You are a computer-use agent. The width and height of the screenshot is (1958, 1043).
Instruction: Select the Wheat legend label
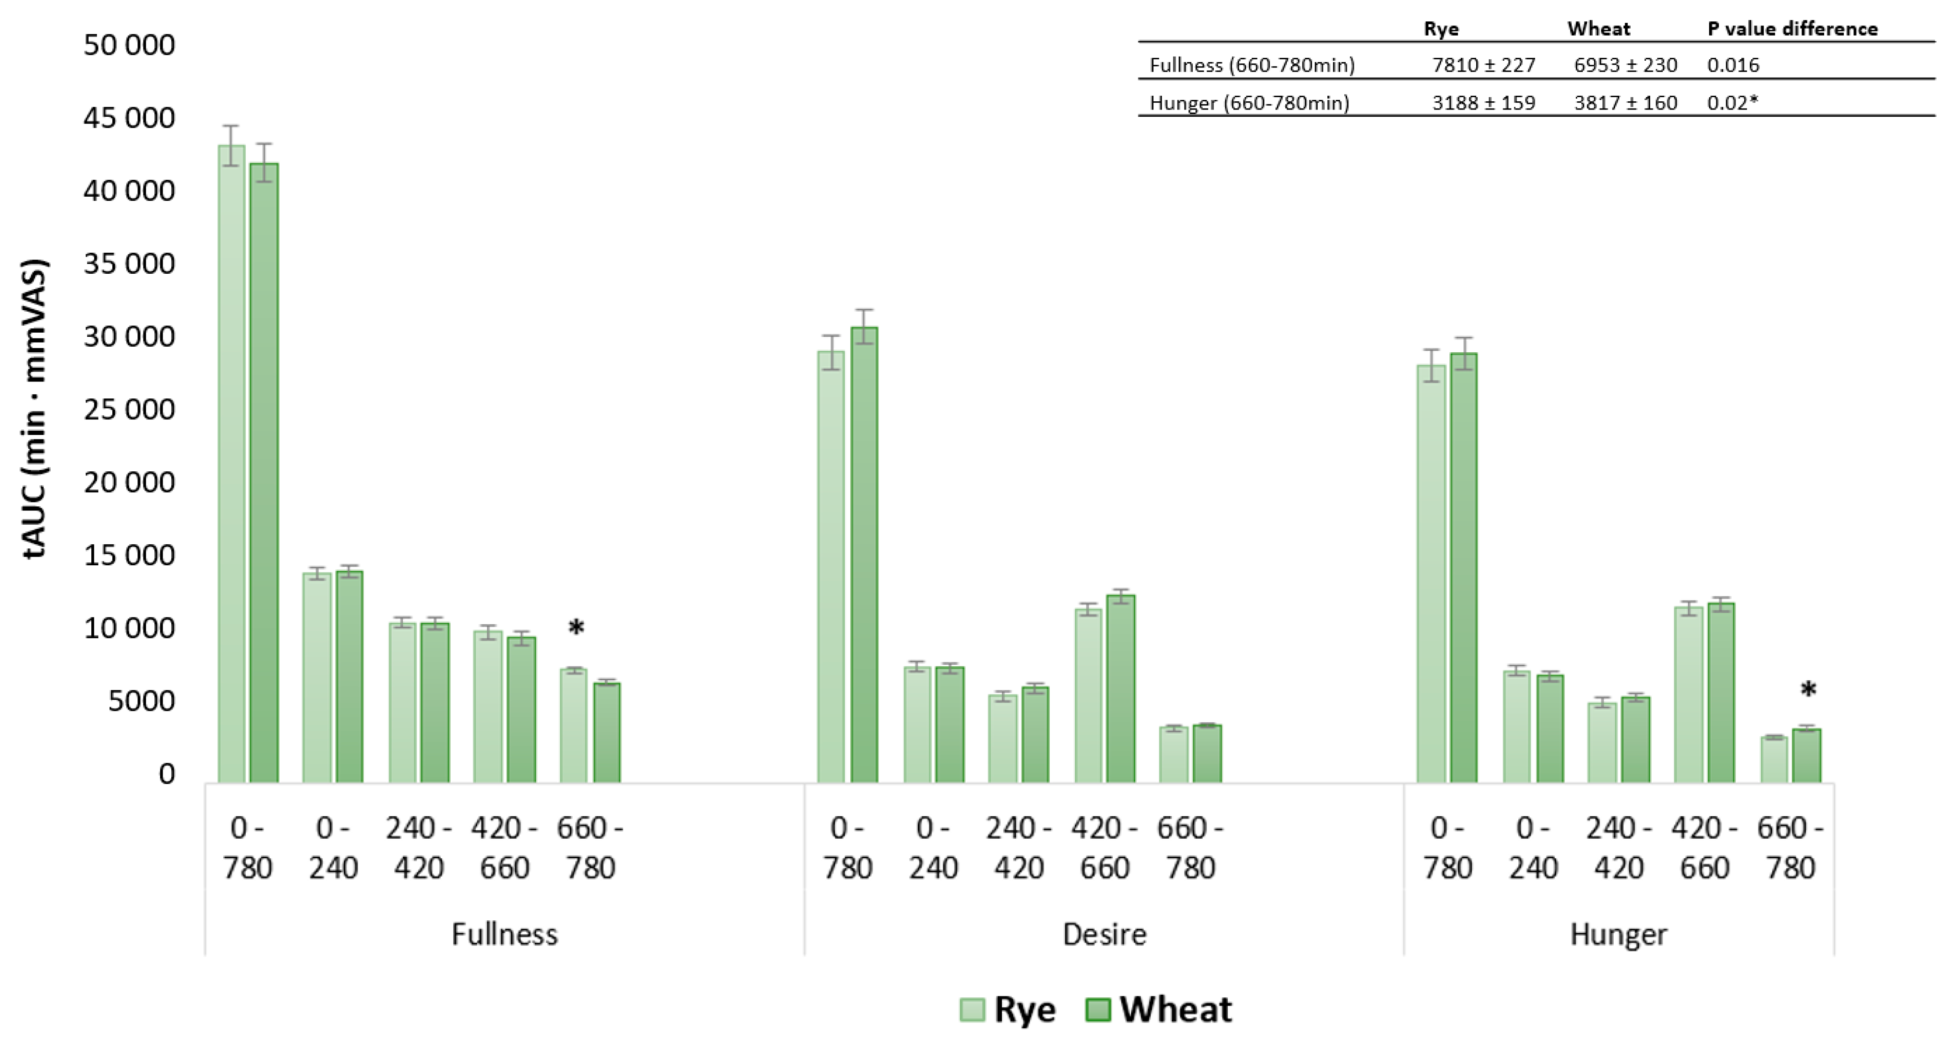click(1175, 1010)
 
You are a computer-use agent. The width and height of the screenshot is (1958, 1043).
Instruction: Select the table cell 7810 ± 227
click(1483, 65)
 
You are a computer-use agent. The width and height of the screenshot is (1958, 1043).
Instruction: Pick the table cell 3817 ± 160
click(1625, 103)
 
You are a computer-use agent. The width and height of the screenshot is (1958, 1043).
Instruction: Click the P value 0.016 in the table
click(1733, 65)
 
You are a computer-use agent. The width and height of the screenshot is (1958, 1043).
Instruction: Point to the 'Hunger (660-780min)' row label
click(1249, 103)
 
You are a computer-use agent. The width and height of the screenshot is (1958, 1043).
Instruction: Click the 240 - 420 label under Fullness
click(418, 847)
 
